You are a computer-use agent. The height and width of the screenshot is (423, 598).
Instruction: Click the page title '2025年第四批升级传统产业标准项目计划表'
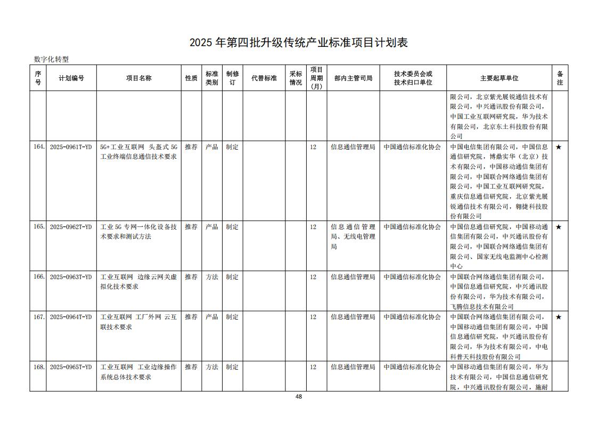[299, 43]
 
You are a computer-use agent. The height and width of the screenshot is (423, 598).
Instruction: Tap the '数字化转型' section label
[51, 60]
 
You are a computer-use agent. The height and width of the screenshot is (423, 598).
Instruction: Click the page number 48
[299, 396]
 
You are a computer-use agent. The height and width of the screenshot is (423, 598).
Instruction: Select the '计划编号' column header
[71, 78]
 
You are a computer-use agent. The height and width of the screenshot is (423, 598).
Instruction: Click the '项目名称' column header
[138, 78]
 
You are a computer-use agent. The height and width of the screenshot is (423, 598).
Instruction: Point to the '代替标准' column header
[264, 78]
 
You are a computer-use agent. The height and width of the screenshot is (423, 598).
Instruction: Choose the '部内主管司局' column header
[353, 78]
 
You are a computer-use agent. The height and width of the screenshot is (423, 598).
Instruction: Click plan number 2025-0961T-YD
[71, 147]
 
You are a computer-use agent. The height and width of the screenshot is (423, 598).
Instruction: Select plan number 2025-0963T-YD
[71, 277]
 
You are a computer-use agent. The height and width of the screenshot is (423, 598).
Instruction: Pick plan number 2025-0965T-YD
[71, 367]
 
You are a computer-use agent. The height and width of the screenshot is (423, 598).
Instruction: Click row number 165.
[38, 226]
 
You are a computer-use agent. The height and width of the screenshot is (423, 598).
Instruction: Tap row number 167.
[38, 317]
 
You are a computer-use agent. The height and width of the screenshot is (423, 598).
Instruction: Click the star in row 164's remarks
[559, 147]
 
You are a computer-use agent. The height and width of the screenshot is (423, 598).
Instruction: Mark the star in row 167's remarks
[559, 317]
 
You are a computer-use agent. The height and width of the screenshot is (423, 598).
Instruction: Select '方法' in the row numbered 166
[211, 277]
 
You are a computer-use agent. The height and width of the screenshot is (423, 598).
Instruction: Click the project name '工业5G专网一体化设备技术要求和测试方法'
[138, 231]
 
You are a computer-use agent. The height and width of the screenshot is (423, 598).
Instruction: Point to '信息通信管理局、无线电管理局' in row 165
[353, 237]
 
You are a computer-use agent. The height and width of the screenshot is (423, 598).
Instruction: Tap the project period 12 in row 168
[313, 367]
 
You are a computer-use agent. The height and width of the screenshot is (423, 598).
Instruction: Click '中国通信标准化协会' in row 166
[412, 277]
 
